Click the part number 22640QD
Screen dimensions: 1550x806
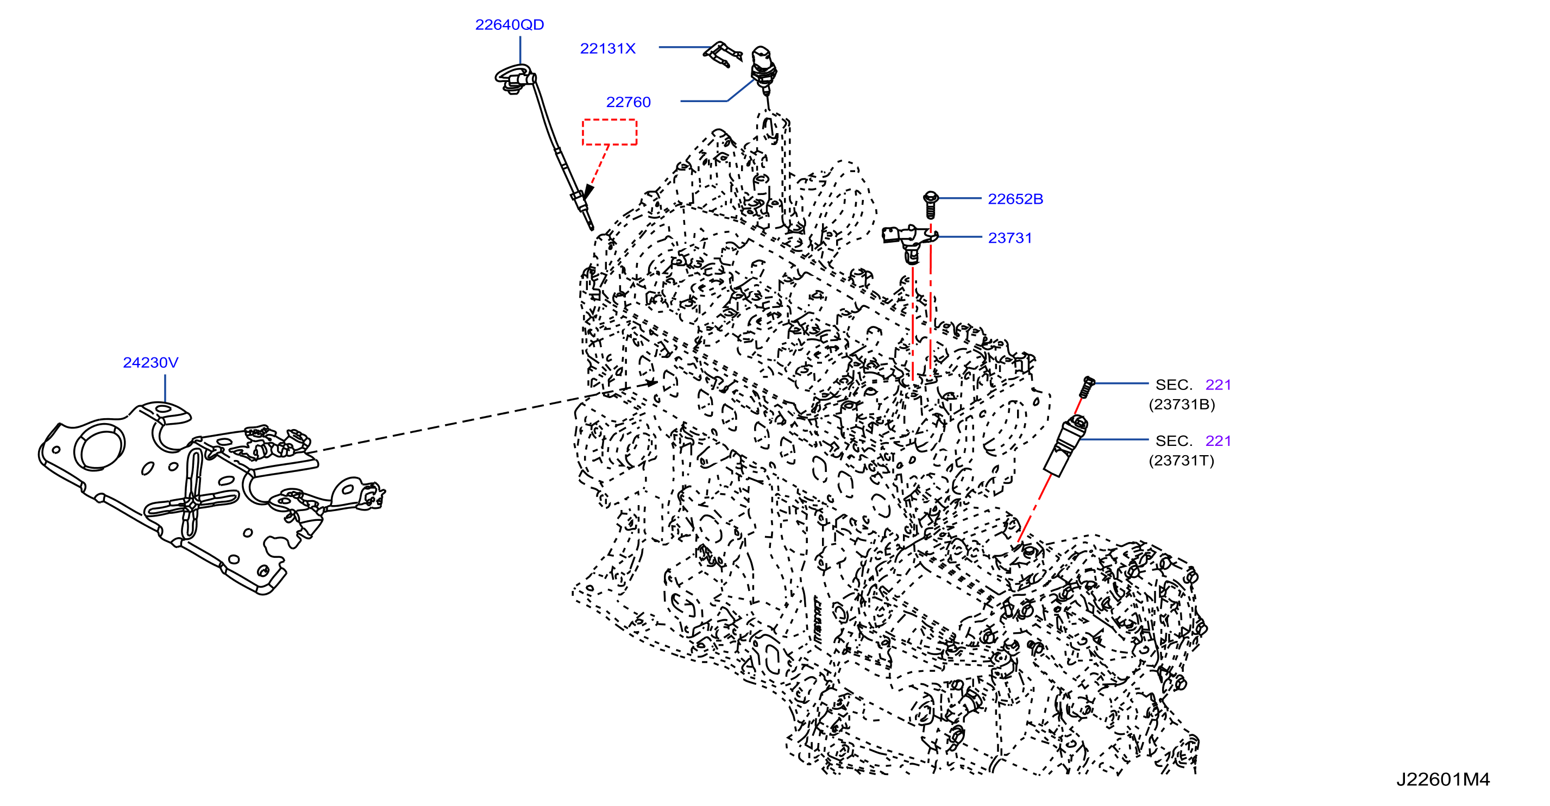509,24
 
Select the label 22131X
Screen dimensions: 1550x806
608,49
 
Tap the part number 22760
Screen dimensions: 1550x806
628,102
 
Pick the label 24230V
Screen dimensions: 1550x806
150,363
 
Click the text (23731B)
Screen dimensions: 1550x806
1182,404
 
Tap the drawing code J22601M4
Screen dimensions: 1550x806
1443,779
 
